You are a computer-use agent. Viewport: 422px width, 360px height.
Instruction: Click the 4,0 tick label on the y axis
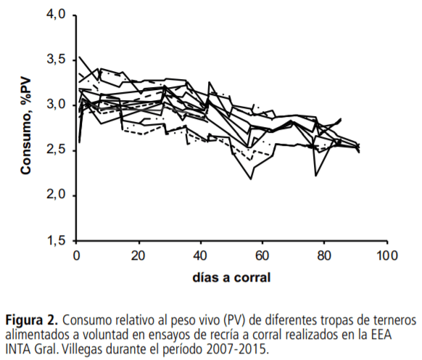tap(55, 15)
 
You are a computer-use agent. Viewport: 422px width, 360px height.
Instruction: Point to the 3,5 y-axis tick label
tap(55, 60)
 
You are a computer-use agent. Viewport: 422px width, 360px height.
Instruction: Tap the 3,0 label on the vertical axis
tap(55, 105)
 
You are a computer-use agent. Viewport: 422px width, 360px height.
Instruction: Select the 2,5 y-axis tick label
tap(55, 150)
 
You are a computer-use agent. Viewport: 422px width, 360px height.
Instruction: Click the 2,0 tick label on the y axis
tap(55, 195)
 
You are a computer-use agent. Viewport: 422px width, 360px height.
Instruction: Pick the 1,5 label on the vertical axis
tap(55, 240)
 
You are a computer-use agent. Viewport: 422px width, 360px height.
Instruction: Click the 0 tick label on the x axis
tap(76, 255)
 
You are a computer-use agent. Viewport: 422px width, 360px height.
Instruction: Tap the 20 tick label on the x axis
tap(138, 255)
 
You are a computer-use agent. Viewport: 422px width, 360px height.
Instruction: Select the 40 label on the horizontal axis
tap(201, 255)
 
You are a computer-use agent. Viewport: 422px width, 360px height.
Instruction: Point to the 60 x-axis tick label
tap(263, 255)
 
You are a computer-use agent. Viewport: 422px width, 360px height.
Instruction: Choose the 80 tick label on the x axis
tap(326, 255)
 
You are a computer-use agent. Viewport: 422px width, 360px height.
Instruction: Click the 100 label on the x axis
tap(387, 255)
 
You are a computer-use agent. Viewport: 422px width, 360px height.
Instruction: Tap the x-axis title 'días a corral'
tap(231, 277)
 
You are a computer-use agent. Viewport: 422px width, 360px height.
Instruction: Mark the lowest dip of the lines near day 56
tap(252, 179)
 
